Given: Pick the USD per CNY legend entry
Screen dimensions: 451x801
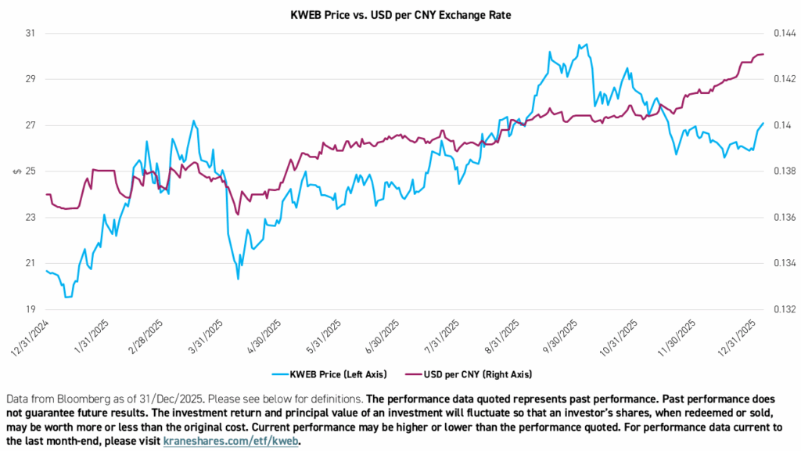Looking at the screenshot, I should pyautogui.click(x=481, y=374).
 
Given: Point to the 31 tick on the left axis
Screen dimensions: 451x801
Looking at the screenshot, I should pyautogui.click(x=31, y=34).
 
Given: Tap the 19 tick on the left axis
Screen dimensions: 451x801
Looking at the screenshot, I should pyautogui.click(x=31, y=309).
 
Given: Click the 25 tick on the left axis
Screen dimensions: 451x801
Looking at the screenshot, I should pyautogui.click(x=31, y=171).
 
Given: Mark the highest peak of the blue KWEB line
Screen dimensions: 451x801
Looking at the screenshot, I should pyautogui.click(x=586, y=45).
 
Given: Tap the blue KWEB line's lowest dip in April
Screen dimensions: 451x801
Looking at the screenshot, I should pyautogui.click(x=238, y=278).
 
